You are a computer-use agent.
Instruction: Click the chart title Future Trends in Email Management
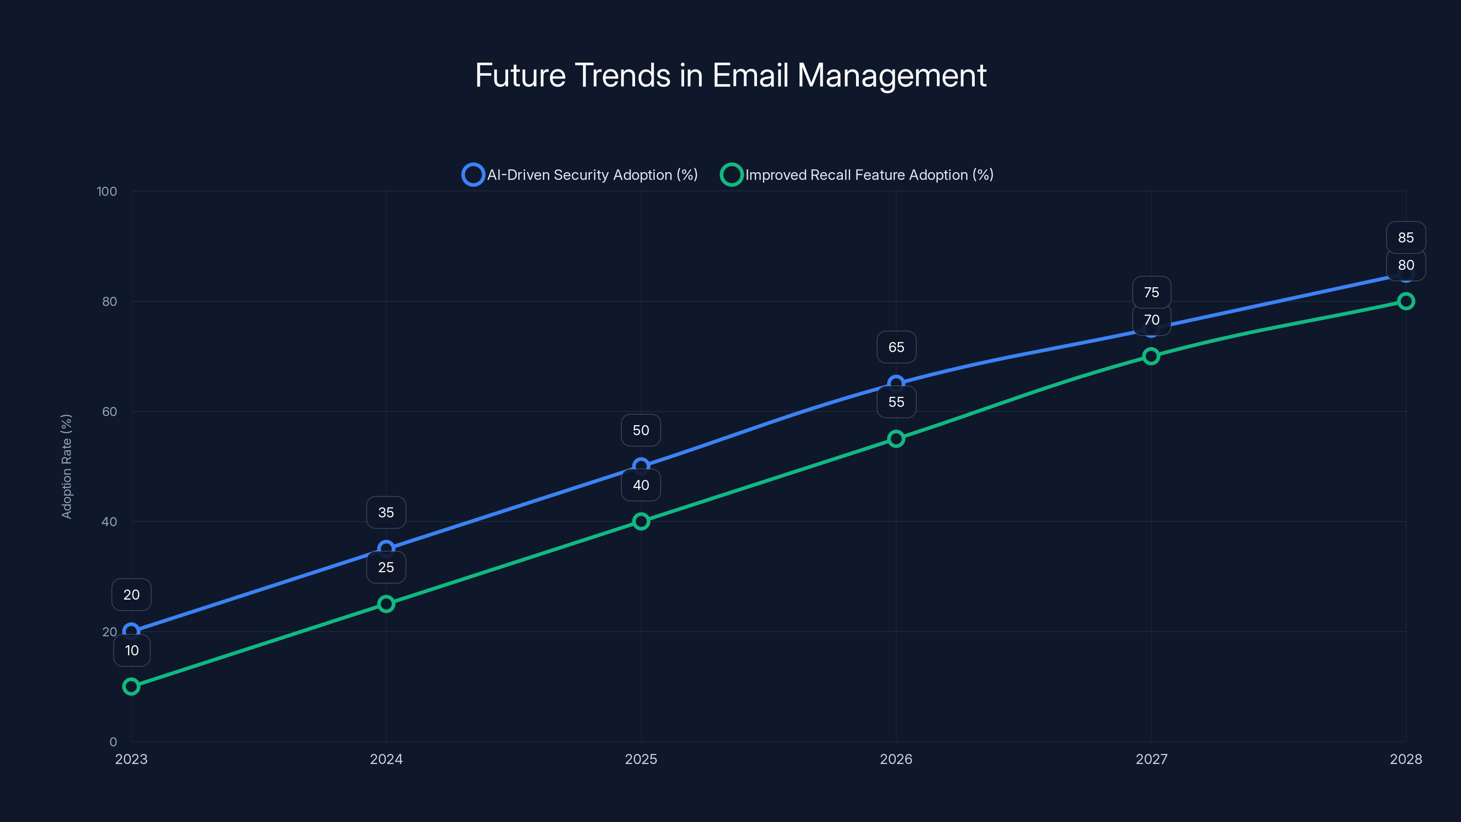730,75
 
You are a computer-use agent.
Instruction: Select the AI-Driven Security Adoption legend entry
580,175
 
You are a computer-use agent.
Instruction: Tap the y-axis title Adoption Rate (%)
66,466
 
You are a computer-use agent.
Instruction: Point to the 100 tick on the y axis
107,192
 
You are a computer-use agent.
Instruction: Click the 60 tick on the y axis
110,412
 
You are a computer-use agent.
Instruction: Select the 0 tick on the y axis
113,742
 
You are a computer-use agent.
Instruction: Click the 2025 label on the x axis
641,759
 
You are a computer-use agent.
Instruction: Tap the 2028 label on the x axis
1405,759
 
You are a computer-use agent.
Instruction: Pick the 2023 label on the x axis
131,759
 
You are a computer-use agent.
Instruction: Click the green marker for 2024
386,604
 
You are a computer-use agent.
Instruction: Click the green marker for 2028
1405,301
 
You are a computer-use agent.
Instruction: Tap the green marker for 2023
131,686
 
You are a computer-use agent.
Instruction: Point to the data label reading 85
1405,237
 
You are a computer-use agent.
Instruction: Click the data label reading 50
641,431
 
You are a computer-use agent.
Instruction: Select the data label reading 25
386,567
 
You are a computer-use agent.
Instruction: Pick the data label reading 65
896,347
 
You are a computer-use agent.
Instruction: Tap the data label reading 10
131,651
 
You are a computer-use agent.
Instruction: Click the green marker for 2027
1151,356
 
